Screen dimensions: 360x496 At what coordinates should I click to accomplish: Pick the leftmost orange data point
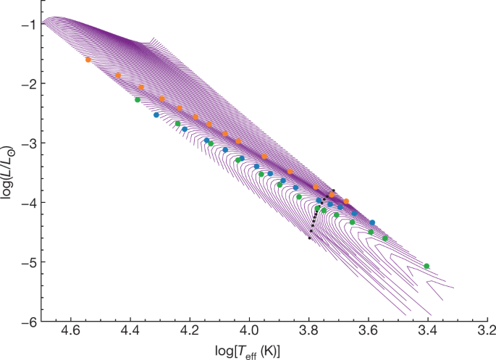tap(88, 59)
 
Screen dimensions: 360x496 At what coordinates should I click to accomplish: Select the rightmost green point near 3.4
tap(426, 266)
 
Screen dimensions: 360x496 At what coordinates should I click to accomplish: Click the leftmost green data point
tap(138, 100)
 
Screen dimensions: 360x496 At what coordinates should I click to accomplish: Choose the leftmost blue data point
tap(156, 114)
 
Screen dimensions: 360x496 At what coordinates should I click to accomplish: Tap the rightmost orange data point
tap(346, 201)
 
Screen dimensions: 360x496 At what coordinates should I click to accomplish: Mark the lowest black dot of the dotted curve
tap(309, 238)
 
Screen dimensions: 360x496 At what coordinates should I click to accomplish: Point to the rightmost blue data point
tap(372, 222)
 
